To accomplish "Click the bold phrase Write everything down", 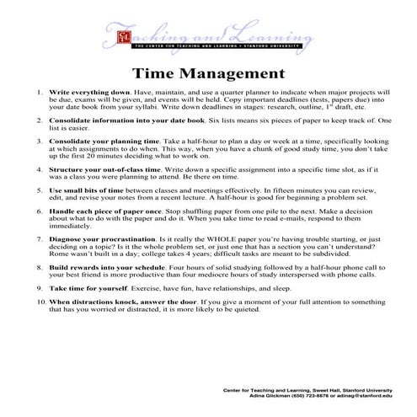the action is click(x=90, y=91).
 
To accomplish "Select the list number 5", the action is click(x=39, y=191).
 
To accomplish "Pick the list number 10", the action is click(x=39, y=301).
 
